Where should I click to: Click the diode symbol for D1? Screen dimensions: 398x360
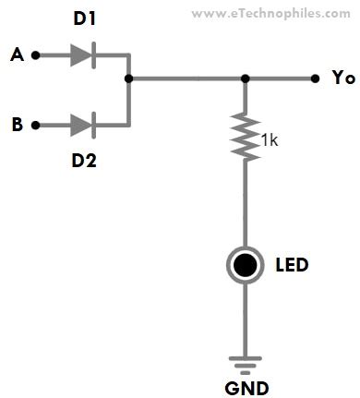[82, 55]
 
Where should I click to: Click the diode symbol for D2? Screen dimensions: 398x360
[82, 123]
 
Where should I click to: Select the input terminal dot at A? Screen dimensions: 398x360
[36, 55]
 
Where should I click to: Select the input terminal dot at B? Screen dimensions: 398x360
[36, 123]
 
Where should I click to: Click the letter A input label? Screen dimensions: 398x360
[16, 55]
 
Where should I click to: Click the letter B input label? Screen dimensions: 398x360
[16, 123]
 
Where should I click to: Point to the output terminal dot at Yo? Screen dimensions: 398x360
[316, 78]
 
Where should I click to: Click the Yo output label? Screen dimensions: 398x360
[342, 78]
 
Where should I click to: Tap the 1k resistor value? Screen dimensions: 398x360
[270, 140]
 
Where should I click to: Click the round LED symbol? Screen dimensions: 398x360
[245, 266]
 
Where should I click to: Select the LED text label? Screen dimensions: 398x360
[292, 266]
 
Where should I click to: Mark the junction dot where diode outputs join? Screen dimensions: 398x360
[129, 78]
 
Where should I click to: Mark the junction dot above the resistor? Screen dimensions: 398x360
[245, 78]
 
